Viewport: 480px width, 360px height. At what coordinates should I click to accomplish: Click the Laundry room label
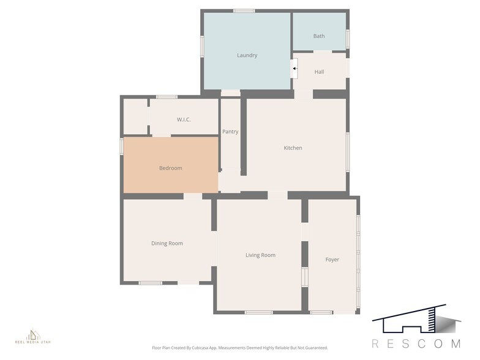[247, 55]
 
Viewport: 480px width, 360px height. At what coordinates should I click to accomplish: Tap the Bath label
[319, 36]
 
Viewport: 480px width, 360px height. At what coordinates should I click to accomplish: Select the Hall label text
[319, 72]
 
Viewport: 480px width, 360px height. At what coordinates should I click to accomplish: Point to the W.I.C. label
[184, 119]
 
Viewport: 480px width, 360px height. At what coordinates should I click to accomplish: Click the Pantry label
[230, 132]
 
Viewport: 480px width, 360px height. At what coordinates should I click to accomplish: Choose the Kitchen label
[293, 148]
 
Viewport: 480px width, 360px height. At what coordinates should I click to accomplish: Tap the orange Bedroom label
[170, 168]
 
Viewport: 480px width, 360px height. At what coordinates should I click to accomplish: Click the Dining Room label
[167, 243]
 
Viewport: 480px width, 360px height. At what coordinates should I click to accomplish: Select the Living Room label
[260, 255]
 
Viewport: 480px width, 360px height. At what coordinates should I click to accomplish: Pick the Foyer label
[332, 260]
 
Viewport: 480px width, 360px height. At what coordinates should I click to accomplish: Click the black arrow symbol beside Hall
[294, 69]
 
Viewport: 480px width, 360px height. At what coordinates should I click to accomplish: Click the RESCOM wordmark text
[416, 343]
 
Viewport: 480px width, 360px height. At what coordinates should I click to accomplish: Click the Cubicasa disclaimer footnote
[239, 348]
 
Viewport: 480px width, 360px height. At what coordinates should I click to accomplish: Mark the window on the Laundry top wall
[244, 10]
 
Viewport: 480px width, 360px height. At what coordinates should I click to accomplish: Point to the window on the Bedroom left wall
[121, 146]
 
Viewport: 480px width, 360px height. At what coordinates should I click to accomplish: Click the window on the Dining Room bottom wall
[150, 283]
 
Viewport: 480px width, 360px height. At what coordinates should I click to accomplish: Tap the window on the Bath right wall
[347, 38]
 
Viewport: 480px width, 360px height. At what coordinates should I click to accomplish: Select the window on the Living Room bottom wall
[258, 313]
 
